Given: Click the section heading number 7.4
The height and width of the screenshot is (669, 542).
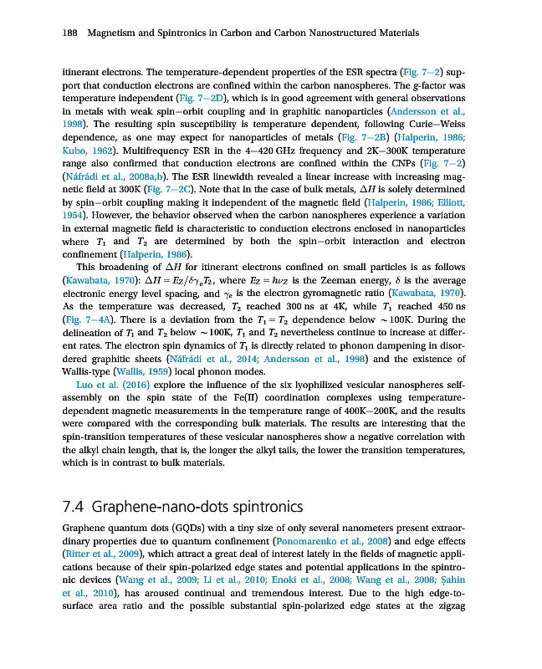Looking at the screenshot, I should click(74, 508).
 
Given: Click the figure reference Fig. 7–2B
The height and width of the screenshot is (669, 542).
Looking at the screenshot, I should click(360, 137).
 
